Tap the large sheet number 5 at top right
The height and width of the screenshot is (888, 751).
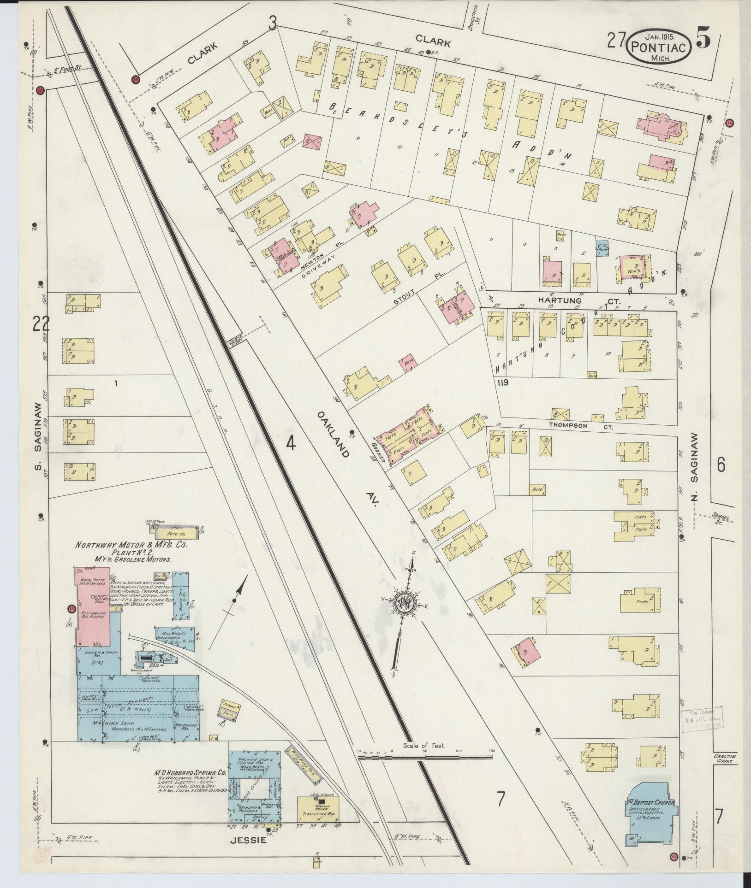click(703, 40)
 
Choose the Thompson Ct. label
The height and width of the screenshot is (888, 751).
click(580, 426)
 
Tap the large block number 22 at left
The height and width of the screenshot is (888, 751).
click(41, 324)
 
